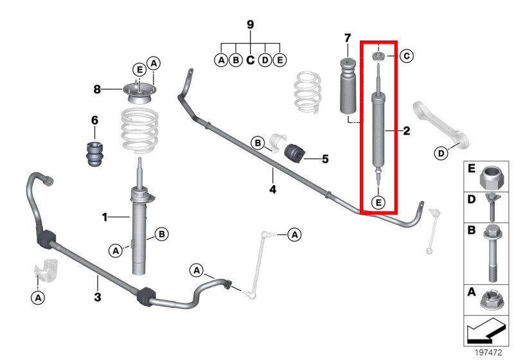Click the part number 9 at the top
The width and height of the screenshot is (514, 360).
coord(250,24)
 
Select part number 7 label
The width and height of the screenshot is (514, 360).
coord(348,38)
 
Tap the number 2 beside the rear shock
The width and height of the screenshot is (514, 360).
coord(407,130)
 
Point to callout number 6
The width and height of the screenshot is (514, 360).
coord(94,120)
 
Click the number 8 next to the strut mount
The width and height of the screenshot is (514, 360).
coord(97,89)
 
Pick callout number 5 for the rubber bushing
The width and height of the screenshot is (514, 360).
coord(325,159)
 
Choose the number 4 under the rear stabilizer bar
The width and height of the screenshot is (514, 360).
coord(272,190)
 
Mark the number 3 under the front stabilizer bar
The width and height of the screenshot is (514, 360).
coord(98,298)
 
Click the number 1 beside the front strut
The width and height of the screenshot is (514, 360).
coord(105,217)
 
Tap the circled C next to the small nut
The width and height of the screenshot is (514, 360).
coord(407,56)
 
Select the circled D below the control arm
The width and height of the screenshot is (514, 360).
coord(441,153)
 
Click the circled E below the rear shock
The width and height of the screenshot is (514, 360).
coord(378,203)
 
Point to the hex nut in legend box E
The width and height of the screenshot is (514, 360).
coord(491,177)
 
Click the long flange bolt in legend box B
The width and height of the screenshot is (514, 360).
coord(491,253)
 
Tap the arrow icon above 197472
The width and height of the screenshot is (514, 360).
coord(484,330)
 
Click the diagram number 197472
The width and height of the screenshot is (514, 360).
coord(488,352)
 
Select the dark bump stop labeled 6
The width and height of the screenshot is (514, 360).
coord(94,154)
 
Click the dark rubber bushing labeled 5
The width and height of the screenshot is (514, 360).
coord(294,153)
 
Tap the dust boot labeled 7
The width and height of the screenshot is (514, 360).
coord(347,86)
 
